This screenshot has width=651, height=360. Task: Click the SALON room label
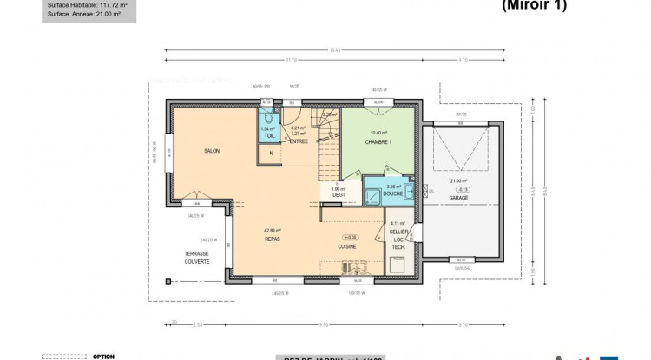tap(211, 151)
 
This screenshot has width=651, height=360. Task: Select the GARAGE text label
tap(459, 198)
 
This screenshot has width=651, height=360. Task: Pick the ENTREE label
tap(299, 141)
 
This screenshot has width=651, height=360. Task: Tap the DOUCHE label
tap(393, 194)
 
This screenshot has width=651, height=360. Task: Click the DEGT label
tap(338, 195)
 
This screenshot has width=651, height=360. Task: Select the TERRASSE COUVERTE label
tap(196, 258)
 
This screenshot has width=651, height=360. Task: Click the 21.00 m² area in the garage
tap(459, 180)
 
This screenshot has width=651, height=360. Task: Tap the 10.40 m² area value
tap(378, 134)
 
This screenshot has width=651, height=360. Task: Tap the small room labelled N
tap(271, 154)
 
